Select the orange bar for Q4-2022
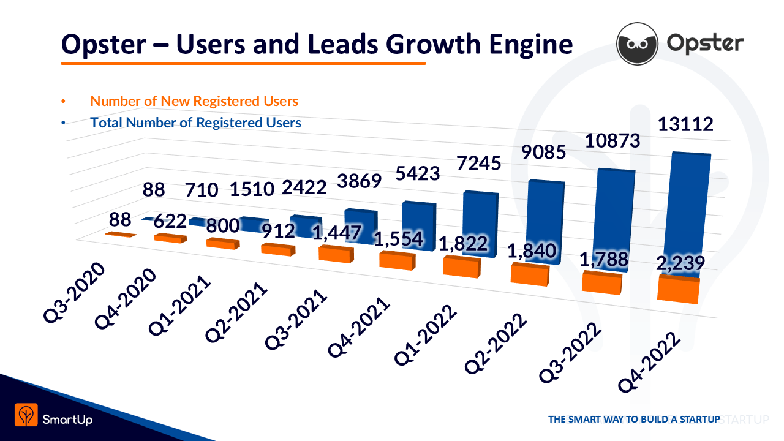point(678,290)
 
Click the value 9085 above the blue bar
point(540,149)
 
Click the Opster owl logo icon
point(637,43)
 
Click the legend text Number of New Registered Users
point(194,101)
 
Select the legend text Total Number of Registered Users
point(195,123)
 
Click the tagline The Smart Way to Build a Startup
point(633,420)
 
